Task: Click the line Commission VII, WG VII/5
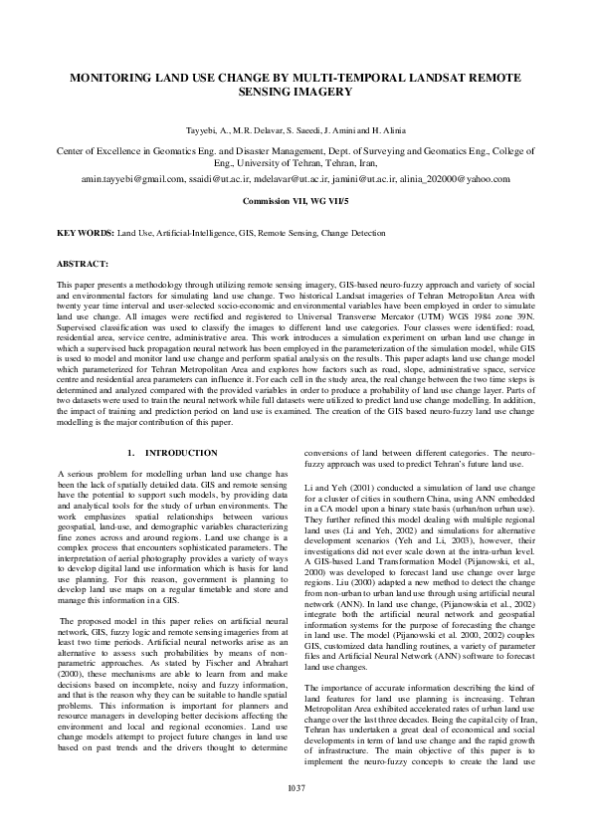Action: pyautogui.click(x=296, y=200)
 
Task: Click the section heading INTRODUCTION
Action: pyautogui.click(x=175, y=453)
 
